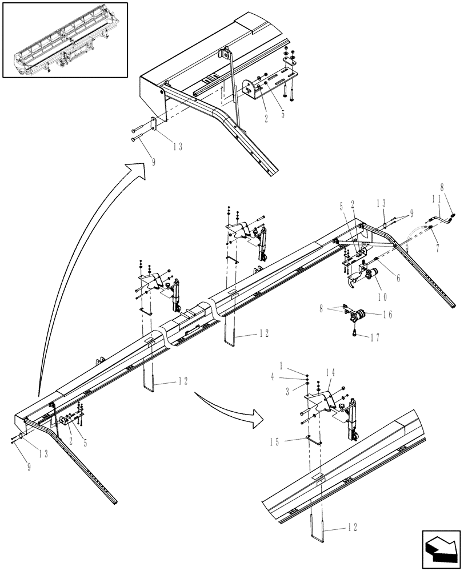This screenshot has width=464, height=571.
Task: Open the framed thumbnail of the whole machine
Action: (x=65, y=40)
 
